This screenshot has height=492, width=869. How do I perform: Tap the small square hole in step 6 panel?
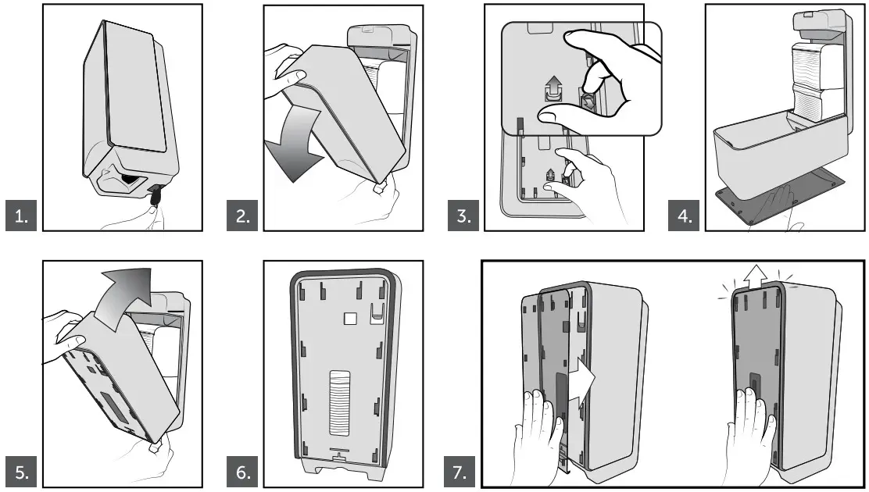[x=351, y=319]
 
